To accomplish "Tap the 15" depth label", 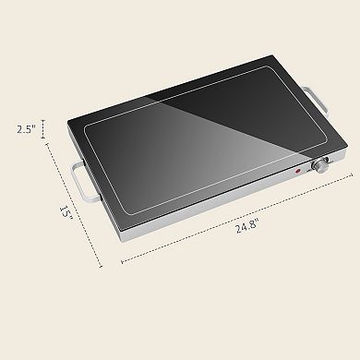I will point(65,212).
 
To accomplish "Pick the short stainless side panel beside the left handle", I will point(98,167).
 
